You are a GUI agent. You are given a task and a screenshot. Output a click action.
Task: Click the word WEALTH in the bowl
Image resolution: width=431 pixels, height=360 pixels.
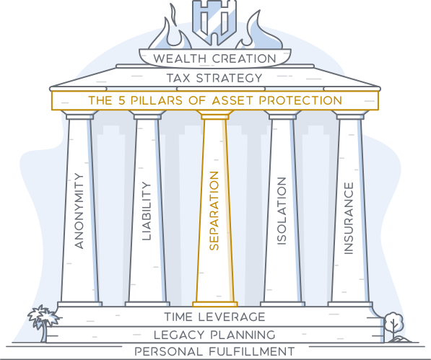[x=180, y=58]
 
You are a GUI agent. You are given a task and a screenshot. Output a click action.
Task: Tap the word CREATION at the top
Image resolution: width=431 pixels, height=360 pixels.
[x=244, y=58]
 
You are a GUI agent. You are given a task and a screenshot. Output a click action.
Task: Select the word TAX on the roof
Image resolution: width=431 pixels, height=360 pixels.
[x=178, y=78]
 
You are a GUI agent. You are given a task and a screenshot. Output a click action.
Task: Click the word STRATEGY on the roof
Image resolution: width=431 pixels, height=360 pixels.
[x=230, y=78]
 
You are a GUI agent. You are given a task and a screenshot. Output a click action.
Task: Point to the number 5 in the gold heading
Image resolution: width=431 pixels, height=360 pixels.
[x=122, y=100]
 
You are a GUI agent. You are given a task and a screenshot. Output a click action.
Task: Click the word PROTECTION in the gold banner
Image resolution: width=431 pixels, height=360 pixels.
[x=300, y=100]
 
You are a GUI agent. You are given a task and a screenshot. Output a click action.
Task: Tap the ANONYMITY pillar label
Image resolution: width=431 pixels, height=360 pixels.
[x=79, y=211]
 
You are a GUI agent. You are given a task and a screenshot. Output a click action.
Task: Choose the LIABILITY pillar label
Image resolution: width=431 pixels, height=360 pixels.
[x=147, y=211]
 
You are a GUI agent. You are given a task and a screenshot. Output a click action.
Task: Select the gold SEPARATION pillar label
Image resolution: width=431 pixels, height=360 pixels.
[x=214, y=211]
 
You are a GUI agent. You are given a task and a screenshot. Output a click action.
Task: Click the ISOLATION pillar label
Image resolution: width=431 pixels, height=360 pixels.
[x=282, y=211]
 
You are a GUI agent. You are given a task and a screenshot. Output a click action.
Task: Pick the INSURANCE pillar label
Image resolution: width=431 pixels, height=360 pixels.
[x=349, y=219]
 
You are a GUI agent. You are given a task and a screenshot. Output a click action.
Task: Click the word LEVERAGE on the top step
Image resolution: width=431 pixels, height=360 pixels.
[x=232, y=317]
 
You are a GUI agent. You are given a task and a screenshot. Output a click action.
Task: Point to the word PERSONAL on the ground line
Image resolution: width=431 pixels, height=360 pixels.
[x=168, y=351]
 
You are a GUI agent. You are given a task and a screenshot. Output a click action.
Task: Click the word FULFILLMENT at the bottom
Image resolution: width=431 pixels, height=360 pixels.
[x=251, y=351]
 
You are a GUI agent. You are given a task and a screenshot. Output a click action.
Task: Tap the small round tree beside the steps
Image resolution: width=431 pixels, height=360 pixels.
[x=393, y=326]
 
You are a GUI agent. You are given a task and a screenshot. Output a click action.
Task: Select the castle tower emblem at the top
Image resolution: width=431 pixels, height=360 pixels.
[x=214, y=22]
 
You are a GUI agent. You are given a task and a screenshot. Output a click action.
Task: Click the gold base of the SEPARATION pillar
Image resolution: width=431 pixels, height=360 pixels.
[x=215, y=304]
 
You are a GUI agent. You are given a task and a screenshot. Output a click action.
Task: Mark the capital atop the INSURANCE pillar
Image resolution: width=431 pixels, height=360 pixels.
[x=350, y=115]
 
